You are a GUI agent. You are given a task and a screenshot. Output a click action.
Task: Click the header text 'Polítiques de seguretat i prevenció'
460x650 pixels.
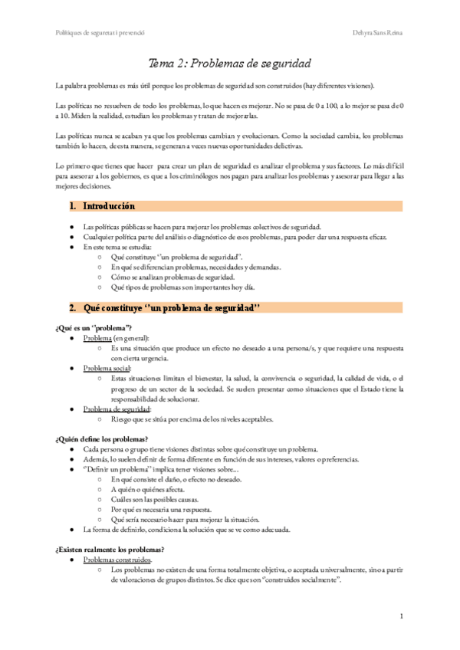click(x=101, y=33)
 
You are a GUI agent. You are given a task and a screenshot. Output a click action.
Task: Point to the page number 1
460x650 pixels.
click(x=402, y=616)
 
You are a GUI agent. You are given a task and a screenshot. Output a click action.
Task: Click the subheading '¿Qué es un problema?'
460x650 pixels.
click(x=94, y=328)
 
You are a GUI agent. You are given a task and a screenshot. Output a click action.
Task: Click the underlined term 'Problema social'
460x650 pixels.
click(x=107, y=369)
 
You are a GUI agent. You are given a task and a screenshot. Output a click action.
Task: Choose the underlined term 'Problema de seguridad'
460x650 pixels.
click(x=117, y=409)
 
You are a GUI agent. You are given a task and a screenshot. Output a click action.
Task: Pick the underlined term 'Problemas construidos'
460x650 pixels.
click(x=117, y=560)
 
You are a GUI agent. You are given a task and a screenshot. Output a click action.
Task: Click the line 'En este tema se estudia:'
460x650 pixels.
click(x=117, y=248)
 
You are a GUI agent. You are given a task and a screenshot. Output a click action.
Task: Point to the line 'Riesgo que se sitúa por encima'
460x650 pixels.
click(x=192, y=419)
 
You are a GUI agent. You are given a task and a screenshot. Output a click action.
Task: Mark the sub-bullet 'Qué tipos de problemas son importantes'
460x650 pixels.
click(x=182, y=287)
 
